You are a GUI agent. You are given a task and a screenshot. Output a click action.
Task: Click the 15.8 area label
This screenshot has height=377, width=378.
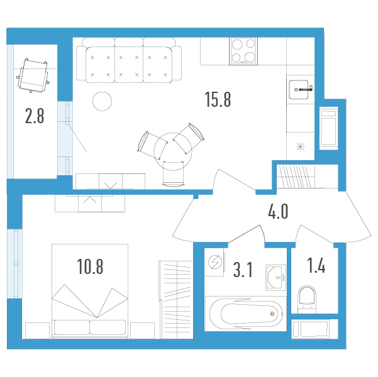tap(218, 99)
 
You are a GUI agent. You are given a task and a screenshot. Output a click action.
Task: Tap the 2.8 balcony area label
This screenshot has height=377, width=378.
tap(35, 116)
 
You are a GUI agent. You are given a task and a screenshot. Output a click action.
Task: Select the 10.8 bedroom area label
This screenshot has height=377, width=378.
tap(90, 266)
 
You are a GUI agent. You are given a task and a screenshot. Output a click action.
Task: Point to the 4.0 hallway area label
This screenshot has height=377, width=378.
tap(278, 211)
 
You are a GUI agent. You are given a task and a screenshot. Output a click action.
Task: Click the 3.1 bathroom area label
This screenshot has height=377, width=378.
tap(243, 270)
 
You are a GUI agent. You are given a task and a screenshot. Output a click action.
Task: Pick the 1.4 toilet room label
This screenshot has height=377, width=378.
tap(316, 265)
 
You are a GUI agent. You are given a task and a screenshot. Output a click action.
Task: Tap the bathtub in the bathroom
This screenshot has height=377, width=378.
tap(246, 314)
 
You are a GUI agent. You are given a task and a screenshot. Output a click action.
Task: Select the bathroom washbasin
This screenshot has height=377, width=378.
tap(275, 278)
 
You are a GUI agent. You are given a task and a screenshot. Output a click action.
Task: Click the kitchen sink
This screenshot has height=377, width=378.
tap(299, 90)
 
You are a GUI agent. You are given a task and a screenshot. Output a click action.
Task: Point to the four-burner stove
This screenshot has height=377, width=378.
tap(243, 51)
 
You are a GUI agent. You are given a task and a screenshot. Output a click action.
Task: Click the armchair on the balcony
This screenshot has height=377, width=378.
tap(33, 75)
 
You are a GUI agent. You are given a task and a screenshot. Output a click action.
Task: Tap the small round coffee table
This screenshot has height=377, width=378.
tap(103, 101)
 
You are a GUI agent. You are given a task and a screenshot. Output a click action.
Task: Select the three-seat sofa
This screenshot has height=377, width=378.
tap(129, 60)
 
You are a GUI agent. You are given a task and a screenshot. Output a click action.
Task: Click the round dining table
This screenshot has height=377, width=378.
tap(173, 151)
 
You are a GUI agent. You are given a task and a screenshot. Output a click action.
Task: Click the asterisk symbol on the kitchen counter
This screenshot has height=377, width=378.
tap(301, 146)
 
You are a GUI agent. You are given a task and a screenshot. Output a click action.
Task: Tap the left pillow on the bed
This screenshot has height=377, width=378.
tap(72, 327)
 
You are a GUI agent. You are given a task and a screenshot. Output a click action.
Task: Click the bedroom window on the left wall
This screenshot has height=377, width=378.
tap(14, 264)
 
